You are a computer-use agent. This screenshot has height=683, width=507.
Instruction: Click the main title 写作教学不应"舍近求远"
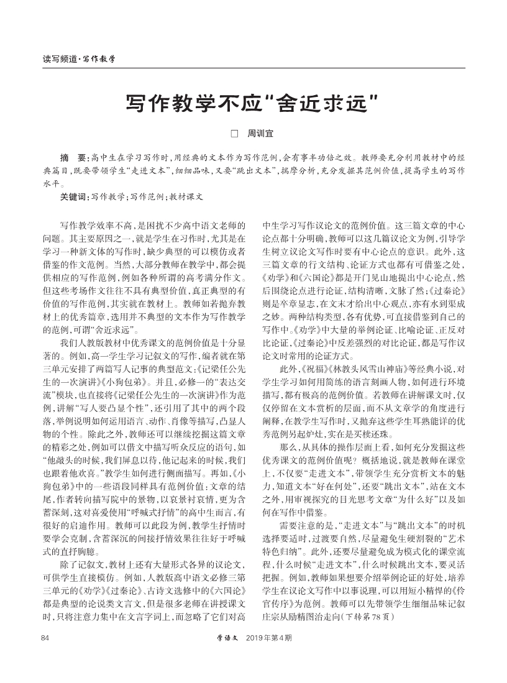pos(253,101)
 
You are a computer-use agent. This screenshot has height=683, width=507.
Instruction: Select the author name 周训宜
pos(260,133)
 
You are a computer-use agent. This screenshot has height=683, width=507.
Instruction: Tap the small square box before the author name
pos(234,133)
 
